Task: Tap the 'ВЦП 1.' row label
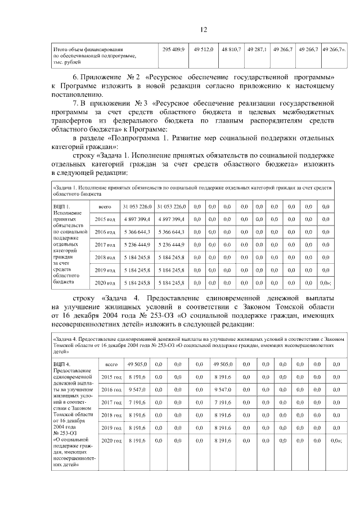coord(61,206)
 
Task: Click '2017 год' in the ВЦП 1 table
coord(107,245)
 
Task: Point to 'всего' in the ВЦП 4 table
coord(111,364)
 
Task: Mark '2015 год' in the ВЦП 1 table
coord(107,219)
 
